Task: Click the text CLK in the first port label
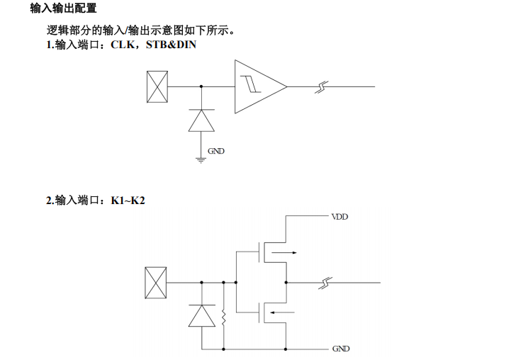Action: point(125,45)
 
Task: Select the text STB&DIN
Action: point(172,45)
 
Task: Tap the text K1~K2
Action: point(128,201)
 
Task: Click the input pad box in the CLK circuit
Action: point(156,86)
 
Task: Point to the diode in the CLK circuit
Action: point(201,121)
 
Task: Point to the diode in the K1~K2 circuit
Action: point(201,315)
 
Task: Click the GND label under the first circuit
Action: point(216,151)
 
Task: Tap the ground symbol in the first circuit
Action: point(201,160)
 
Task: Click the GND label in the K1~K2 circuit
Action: point(340,349)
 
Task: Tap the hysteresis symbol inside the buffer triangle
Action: point(249,85)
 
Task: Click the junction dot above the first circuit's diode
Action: point(201,86)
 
